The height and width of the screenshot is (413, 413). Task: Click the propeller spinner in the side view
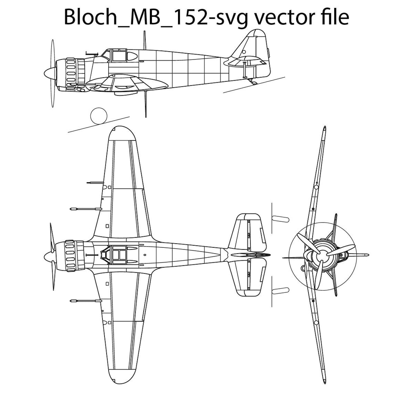49,73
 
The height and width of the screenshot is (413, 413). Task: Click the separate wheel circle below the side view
99,116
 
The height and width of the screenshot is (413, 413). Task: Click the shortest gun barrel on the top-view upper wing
95,183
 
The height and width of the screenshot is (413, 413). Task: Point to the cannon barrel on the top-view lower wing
86,301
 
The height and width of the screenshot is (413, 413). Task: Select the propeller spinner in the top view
49,256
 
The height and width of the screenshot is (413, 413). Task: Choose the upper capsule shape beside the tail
280,218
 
